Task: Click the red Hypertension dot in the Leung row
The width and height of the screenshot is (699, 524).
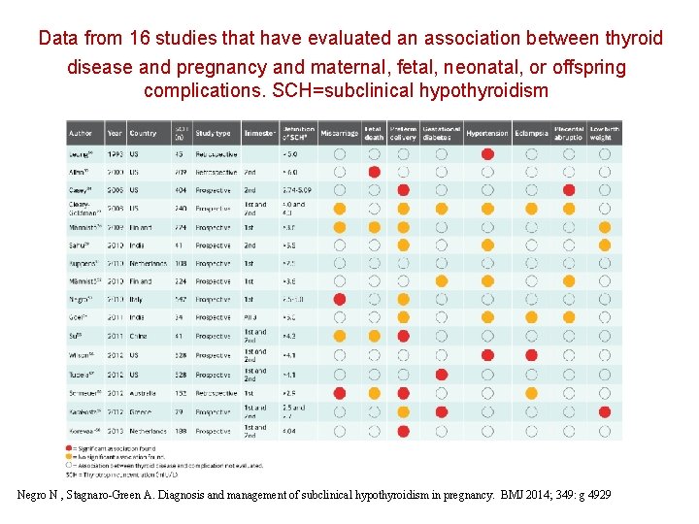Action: pyautogui.click(x=487, y=153)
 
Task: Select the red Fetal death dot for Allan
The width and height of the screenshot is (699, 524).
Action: pyautogui.click(x=374, y=172)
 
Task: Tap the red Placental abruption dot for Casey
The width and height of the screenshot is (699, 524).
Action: pyautogui.click(x=569, y=190)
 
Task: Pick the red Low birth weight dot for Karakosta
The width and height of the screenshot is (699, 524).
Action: pyautogui.click(x=605, y=411)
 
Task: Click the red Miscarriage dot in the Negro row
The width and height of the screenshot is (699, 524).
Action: pyautogui.click(x=340, y=300)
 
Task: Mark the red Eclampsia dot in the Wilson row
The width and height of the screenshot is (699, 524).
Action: pyautogui.click(x=530, y=355)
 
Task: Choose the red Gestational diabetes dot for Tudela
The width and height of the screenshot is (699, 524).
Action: pyautogui.click(x=442, y=374)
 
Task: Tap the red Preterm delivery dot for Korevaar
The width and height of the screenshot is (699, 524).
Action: pyautogui.click(x=403, y=430)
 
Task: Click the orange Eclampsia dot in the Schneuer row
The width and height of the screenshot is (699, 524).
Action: pyautogui.click(x=530, y=393)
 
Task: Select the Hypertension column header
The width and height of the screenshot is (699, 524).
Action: pyautogui.click(x=487, y=134)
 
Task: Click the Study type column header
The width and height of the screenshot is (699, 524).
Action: pyautogui.click(x=212, y=134)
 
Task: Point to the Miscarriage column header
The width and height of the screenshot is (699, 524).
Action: pyautogui.click(x=339, y=134)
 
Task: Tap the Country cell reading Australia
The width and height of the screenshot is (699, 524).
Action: pyautogui.click(x=146, y=393)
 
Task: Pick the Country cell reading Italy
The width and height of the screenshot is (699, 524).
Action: pyautogui.click(x=139, y=300)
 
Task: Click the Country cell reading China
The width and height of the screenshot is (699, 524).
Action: pyautogui.click(x=140, y=337)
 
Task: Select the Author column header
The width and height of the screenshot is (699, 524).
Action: pyautogui.click(x=81, y=134)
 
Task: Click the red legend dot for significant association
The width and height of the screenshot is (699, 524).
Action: pyautogui.click(x=71, y=447)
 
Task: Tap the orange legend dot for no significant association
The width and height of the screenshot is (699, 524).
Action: pyautogui.click(x=71, y=456)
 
